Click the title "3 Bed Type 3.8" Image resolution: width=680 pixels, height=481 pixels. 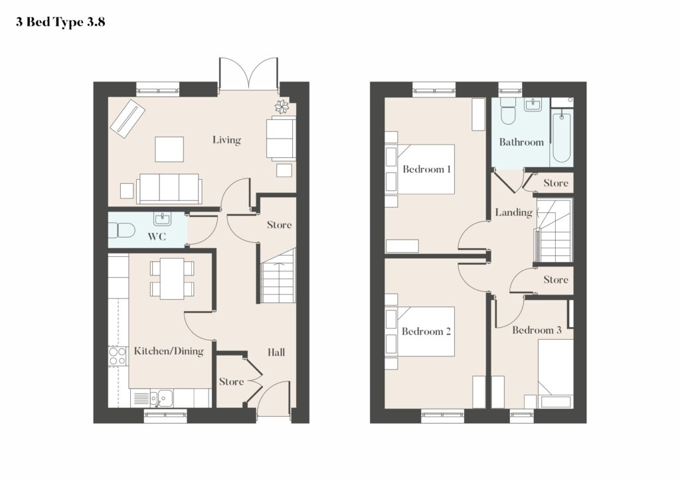(60, 22)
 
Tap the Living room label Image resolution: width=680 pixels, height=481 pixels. (226, 139)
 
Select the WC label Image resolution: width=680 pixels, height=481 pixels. (157, 237)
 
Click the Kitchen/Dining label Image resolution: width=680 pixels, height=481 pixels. (169, 351)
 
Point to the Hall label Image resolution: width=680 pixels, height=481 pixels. (276, 352)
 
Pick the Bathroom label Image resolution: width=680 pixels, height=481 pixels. (521, 142)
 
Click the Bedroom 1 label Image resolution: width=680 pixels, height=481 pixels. (426, 169)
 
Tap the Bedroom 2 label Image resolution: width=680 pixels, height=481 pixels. (426, 332)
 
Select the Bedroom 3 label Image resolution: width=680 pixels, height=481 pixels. (537, 330)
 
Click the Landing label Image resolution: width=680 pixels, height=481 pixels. (514, 212)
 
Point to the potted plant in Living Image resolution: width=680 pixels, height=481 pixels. (282, 107)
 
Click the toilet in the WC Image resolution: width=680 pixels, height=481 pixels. (122, 230)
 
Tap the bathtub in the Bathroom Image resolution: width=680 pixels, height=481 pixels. (561, 135)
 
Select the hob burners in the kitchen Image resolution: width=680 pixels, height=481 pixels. (118, 356)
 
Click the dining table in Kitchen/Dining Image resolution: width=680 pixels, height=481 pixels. (172, 279)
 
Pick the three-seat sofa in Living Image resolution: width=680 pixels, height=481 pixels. (169, 189)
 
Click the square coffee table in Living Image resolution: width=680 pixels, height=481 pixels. (169, 149)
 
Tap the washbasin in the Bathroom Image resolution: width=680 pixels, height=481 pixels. (533, 104)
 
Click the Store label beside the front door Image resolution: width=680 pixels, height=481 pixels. (231, 381)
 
